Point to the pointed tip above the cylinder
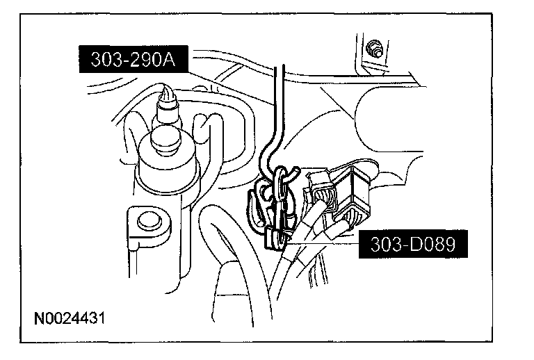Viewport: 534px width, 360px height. tap(168, 93)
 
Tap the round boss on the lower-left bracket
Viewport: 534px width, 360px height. tap(147, 222)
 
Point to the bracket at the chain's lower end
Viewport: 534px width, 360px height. tap(277, 236)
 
